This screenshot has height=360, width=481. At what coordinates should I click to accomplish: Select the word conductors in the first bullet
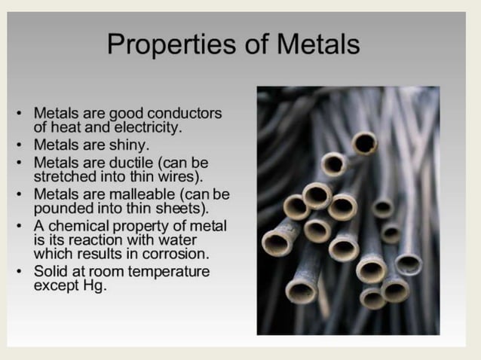[x=185, y=113]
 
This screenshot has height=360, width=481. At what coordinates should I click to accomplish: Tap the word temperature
[x=170, y=271]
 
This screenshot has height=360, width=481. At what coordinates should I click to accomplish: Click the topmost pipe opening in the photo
[x=365, y=142]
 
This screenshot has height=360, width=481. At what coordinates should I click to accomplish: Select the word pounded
[x=63, y=208]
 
